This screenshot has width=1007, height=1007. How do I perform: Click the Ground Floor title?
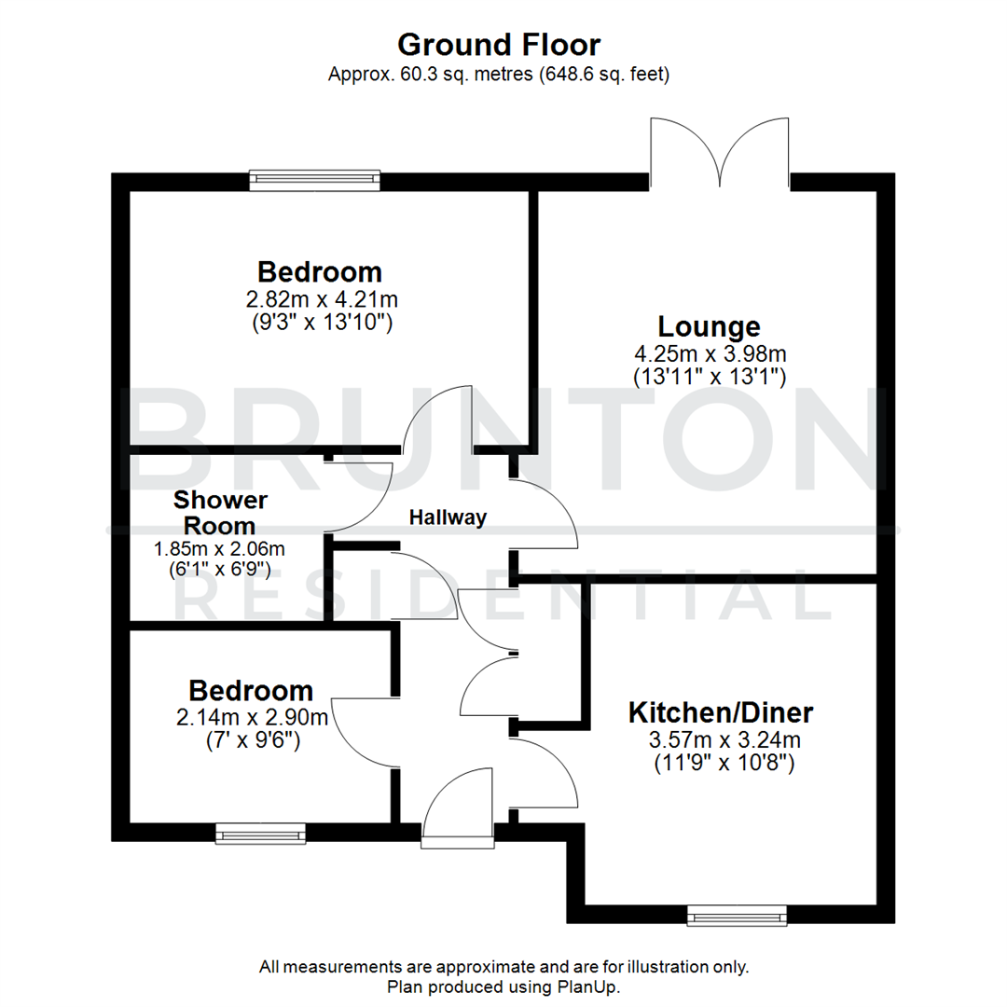[x=499, y=45]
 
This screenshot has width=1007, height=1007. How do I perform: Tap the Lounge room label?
[x=709, y=326]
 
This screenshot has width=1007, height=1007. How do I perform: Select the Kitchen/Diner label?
[x=721, y=713]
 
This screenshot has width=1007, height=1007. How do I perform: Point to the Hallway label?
[x=448, y=517]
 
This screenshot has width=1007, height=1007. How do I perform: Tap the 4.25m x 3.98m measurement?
[x=709, y=354]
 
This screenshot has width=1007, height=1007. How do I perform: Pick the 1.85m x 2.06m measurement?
[x=219, y=549]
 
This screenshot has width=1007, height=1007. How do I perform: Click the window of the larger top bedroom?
[x=314, y=180]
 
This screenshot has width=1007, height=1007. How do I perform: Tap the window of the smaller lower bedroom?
[x=260, y=833]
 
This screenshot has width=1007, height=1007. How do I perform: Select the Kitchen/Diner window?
[x=737, y=915]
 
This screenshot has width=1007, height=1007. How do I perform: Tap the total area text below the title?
[x=499, y=76]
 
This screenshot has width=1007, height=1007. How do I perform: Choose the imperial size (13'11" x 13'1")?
[x=709, y=377]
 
